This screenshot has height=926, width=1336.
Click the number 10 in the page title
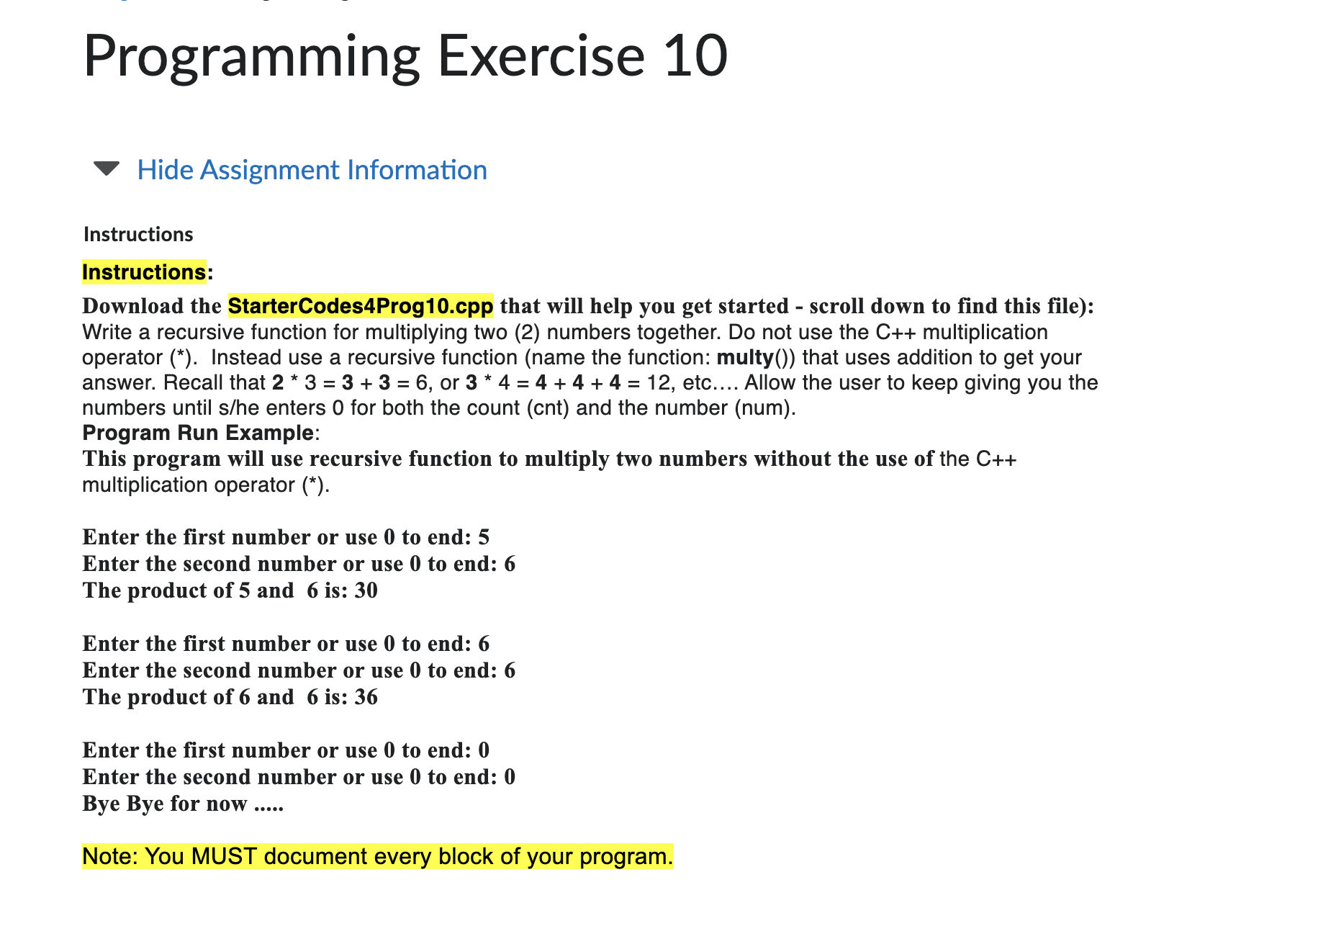tap(695, 56)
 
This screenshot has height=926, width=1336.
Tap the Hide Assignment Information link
tap(312, 170)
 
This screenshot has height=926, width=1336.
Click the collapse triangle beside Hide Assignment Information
tap(107, 168)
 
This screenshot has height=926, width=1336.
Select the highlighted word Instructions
tap(144, 272)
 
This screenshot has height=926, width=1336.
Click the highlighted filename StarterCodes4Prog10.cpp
tap(361, 306)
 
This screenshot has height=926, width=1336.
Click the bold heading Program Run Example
tap(198, 433)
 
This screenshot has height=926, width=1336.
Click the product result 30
tap(366, 590)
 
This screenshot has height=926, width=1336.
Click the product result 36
tap(366, 697)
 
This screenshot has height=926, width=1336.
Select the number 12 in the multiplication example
tap(658, 382)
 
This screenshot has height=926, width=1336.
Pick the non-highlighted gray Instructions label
tap(138, 234)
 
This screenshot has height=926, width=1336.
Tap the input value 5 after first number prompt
tap(484, 537)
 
